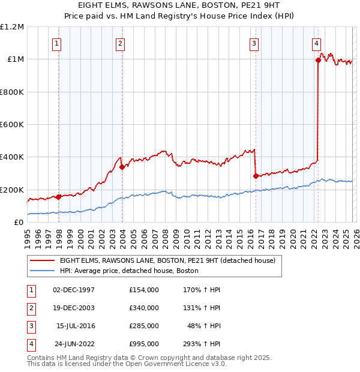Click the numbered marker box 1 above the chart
coord(56,43)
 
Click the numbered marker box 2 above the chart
coord(121,43)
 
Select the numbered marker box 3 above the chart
coord(254,43)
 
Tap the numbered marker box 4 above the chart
coord(316,43)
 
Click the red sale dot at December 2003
coord(122,167)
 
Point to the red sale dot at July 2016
coord(256,176)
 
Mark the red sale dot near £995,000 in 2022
coord(318,60)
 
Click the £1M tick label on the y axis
coord(14,59)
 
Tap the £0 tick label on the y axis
coord(18,223)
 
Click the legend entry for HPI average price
coord(129,271)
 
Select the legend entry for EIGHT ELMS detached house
coord(167,260)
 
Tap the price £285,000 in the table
coord(143,325)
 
